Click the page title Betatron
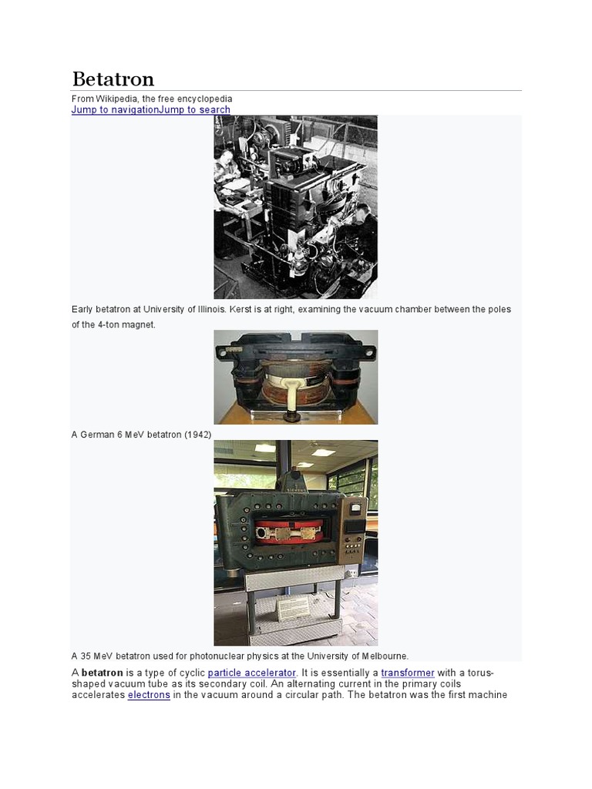coord(113,79)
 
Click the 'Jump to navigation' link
coord(115,110)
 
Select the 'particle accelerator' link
coord(252,673)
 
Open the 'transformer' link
coord(408,673)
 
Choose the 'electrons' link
coord(148,695)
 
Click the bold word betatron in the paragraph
coord(103,673)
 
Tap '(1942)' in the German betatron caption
coord(197,435)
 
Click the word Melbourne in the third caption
coord(383,656)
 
